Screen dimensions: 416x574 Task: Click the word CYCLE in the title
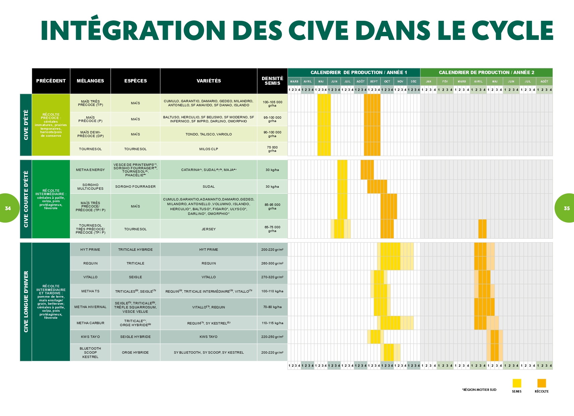512,30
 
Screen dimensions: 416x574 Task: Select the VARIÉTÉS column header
208,81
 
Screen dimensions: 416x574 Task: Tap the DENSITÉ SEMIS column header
272,81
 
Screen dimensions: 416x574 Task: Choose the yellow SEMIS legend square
517,383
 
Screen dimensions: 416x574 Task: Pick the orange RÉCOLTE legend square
541,383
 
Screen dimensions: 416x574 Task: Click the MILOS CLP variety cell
208,149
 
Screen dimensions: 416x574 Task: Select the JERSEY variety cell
208,229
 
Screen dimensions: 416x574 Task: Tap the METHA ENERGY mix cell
90,170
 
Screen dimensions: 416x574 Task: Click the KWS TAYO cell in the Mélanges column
90,337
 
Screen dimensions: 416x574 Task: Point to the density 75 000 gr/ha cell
272,149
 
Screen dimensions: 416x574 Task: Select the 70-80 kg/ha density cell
272,307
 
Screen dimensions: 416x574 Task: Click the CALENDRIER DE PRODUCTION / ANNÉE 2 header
486,72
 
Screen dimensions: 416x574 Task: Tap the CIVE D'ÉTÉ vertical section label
26,125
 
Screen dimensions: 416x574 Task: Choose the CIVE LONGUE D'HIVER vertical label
26,302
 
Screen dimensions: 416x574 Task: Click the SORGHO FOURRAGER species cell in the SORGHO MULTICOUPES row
135,187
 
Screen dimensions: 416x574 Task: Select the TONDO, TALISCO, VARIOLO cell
208,134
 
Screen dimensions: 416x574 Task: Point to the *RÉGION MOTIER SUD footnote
479,390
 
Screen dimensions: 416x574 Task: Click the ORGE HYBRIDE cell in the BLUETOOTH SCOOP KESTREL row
135,353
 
